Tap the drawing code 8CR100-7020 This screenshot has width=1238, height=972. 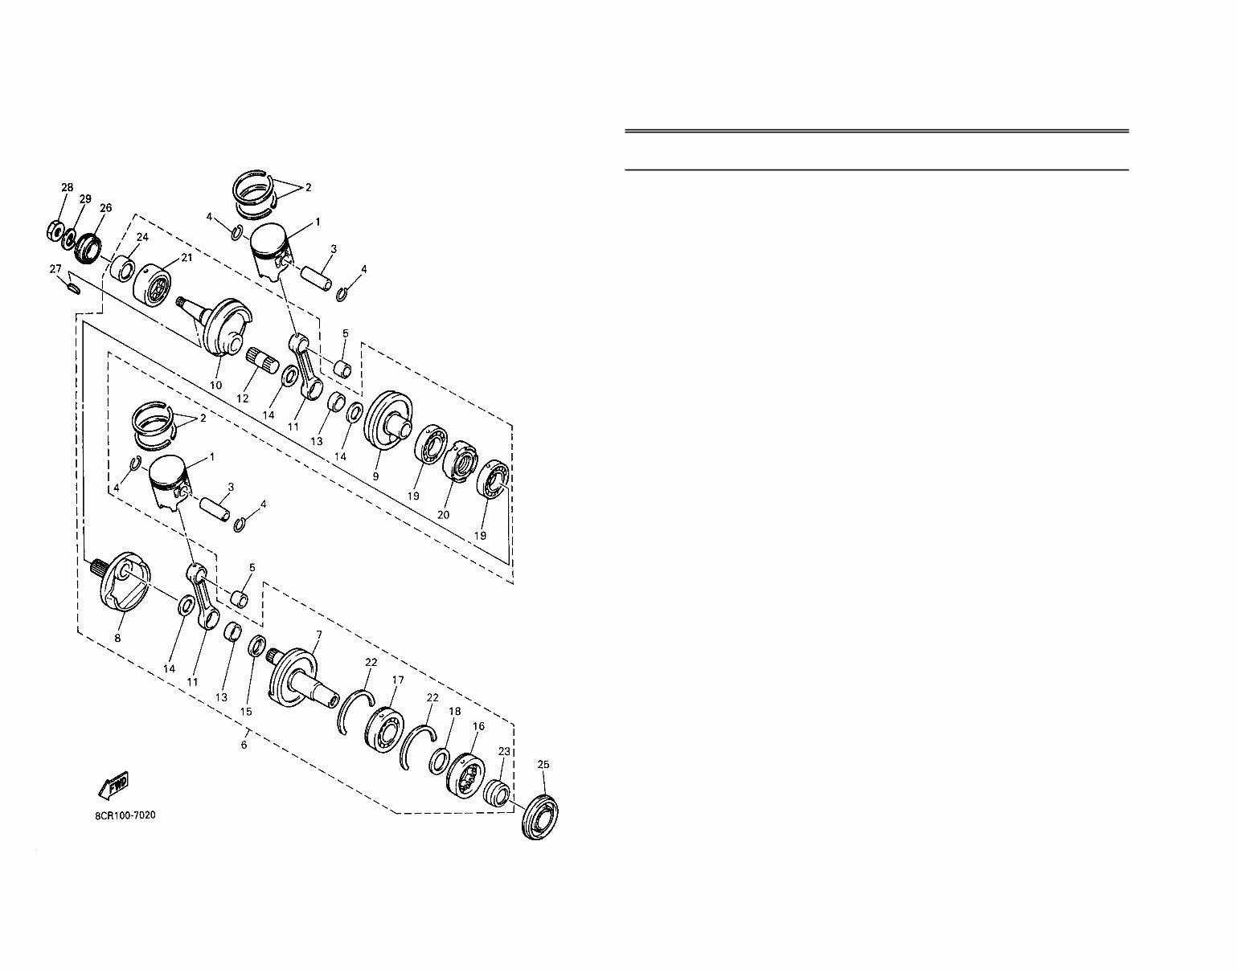[x=125, y=815]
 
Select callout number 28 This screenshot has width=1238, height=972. [x=68, y=187]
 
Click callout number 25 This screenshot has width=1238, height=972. [x=543, y=764]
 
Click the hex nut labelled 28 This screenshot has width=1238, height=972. [x=55, y=231]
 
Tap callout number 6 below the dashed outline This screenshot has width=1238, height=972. [x=244, y=745]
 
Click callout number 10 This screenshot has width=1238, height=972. [x=215, y=386]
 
